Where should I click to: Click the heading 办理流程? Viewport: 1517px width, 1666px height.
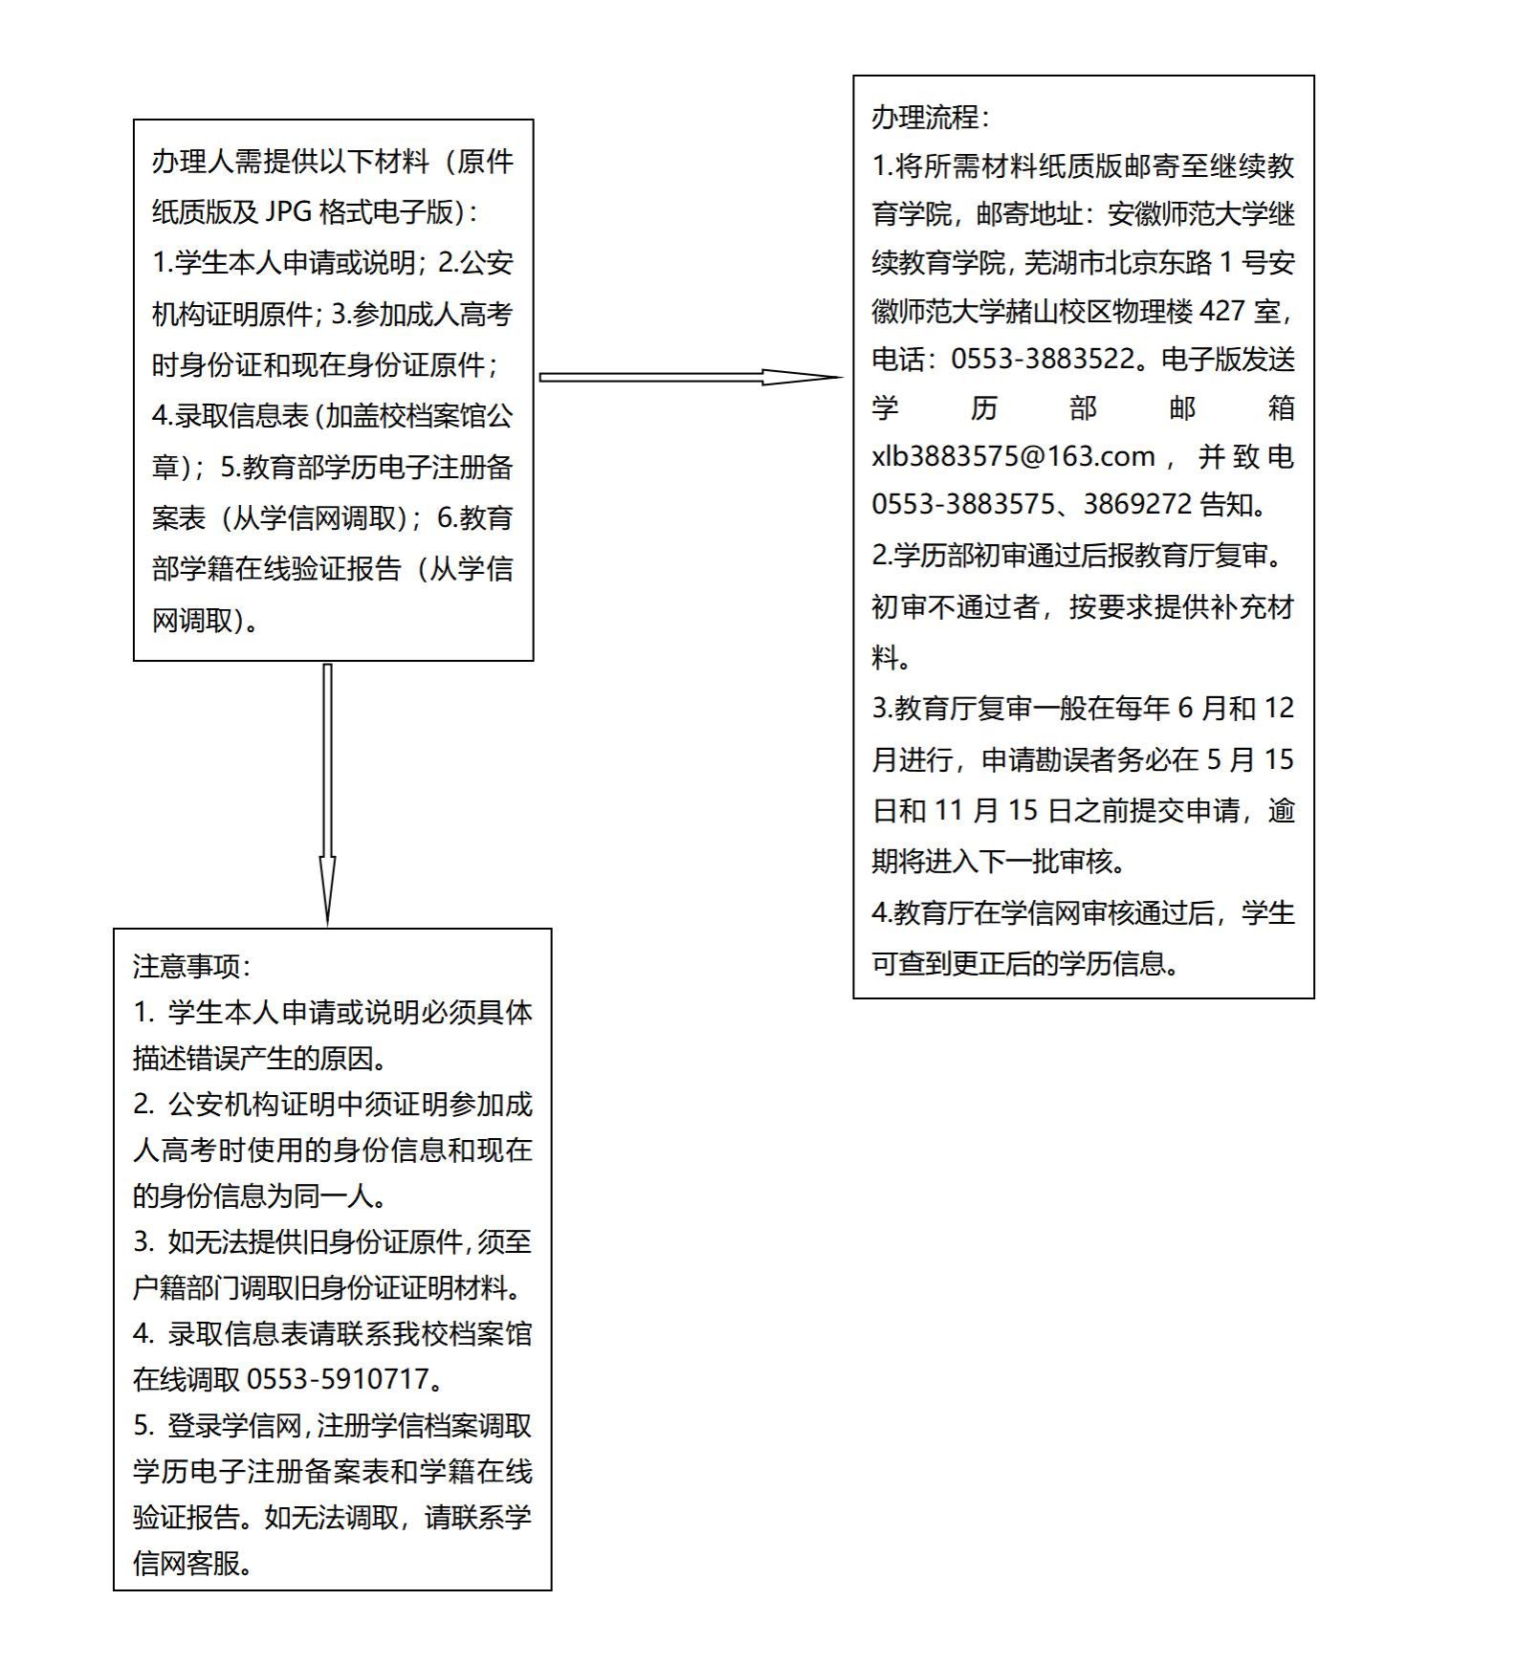[x=925, y=118]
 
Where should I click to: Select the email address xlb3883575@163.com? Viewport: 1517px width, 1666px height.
[x=1013, y=456]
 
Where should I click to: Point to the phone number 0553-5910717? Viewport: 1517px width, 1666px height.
[x=338, y=1379]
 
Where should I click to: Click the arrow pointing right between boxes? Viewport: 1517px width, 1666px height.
[x=689, y=377]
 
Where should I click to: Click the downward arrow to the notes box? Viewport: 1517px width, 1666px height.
[x=327, y=794]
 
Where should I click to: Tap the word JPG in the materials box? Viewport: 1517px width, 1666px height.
[x=287, y=212]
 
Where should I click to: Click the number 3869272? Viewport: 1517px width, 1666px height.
[x=1137, y=504]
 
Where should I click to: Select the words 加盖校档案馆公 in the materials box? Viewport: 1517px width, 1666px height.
[x=419, y=416]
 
